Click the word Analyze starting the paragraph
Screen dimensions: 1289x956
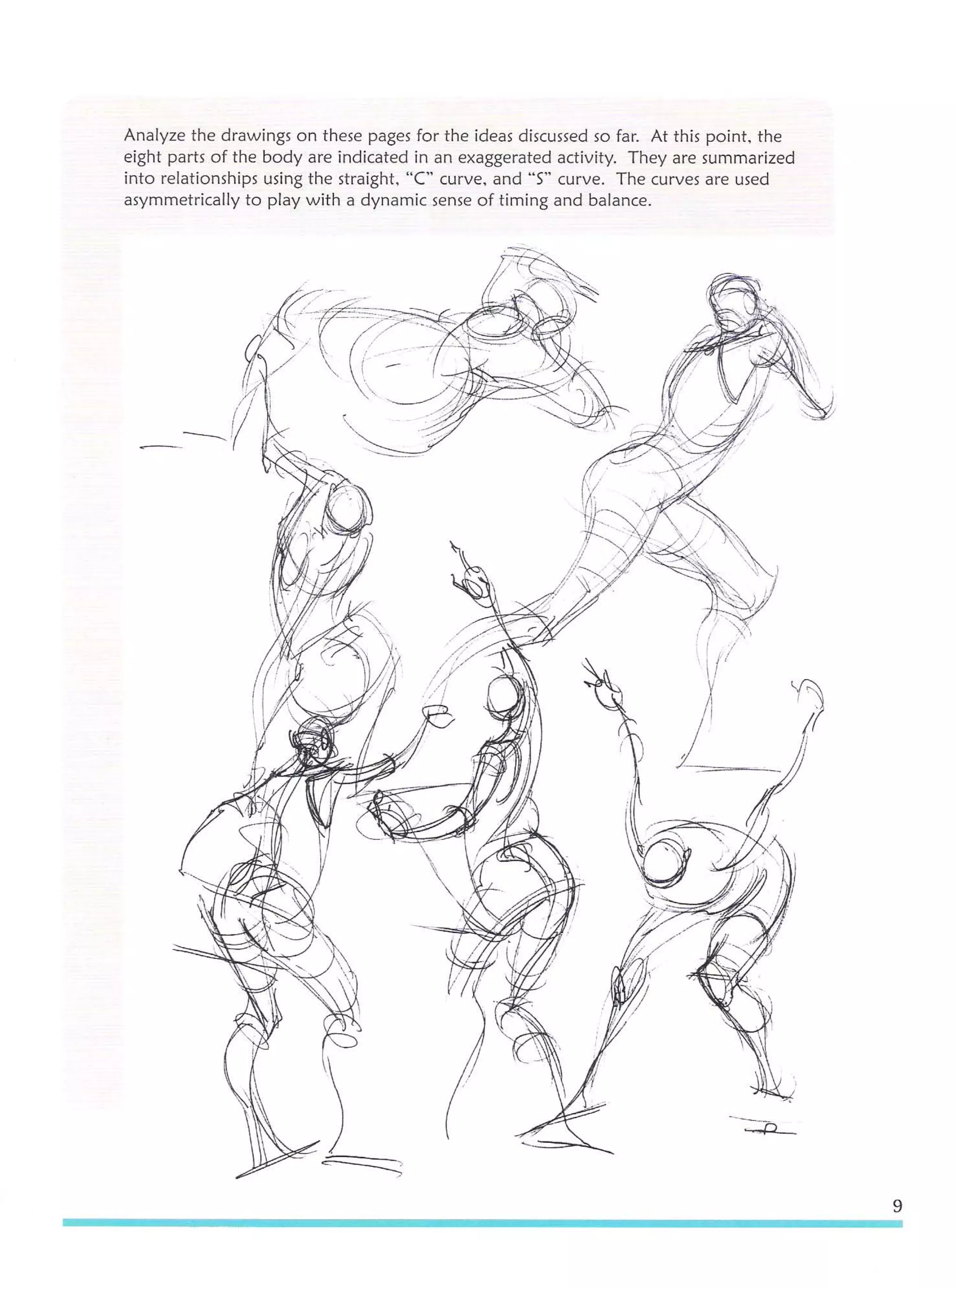[152, 137]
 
